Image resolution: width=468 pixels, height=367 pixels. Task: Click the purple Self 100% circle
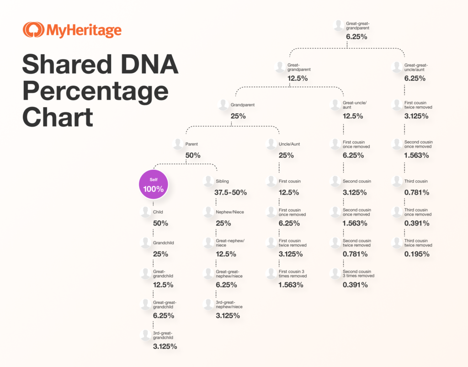(154, 185)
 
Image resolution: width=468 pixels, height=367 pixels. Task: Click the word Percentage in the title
(95, 91)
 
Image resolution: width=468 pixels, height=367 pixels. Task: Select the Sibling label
(223, 181)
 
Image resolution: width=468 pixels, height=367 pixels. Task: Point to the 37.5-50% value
(230, 193)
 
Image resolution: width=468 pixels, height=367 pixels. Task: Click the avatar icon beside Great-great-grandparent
(339, 25)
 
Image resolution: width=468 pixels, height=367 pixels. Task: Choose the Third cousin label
(416, 181)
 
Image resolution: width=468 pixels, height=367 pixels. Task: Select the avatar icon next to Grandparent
(223, 105)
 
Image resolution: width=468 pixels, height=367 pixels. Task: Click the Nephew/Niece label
(229, 212)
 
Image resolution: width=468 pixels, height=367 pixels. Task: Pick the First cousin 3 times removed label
(292, 273)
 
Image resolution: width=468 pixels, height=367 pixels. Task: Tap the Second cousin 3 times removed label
(358, 273)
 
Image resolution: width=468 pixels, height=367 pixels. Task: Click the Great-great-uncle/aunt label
(416, 68)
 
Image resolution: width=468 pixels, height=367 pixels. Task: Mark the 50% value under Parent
(193, 155)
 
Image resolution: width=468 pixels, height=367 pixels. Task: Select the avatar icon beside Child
(146, 212)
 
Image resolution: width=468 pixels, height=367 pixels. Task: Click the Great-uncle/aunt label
(354, 105)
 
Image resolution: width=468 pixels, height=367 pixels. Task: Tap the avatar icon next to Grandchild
(146, 243)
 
